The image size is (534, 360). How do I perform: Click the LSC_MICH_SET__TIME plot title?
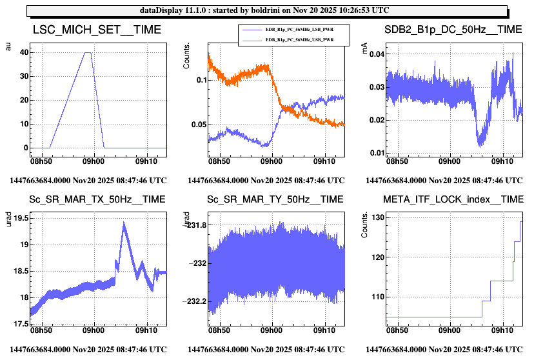97,30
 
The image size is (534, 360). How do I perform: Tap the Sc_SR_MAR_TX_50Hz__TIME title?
97,199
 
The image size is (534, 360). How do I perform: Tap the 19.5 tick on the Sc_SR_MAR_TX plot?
21,219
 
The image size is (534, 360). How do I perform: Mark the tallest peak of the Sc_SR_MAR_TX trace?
123,223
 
